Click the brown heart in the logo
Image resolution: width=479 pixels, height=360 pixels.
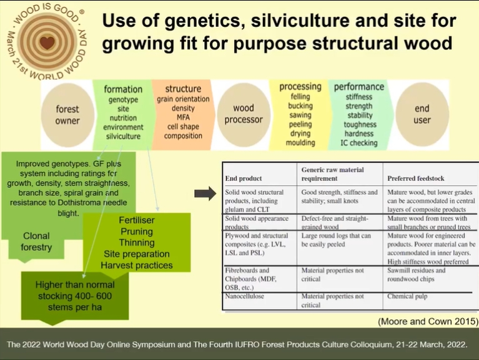pyautogui.click(x=47, y=42)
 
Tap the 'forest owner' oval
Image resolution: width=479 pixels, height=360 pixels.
pyautogui.click(x=67, y=115)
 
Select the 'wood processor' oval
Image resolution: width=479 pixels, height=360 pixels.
pyautogui.click(x=244, y=114)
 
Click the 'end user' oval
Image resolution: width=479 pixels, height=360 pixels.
pyautogui.click(x=422, y=114)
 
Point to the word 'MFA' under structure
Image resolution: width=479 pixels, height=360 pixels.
pyautogui.click(x=183, y=117)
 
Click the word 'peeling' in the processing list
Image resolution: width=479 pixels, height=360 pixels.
pyautogui.click(x=300, y=125)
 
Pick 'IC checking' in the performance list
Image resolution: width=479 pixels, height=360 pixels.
pyautogui.click(x=359, y=143)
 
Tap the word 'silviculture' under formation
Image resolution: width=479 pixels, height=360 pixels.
pyautogui.click(x=123, y=137)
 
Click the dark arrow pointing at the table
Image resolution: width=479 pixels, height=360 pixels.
pyautogui.click(x=205, y=193)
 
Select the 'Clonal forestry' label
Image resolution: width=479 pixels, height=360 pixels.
pyautogui.click(x=36, y=241)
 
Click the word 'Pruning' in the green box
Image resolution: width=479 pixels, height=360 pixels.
pyautogui.click(x=137, y=231)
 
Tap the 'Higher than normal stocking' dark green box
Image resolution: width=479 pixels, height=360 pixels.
pyautogui.click(x=75, y=296)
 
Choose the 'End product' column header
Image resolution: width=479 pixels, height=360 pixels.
pyautogui.click(x=244, y=178)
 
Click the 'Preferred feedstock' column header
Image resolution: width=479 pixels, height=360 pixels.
pyautogui.click(x=416, y=178)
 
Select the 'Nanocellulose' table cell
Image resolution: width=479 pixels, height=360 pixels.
pyautogui.click(x=245, y=296)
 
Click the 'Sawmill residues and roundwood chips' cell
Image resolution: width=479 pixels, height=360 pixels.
pyautogui.click(x=417, y=275)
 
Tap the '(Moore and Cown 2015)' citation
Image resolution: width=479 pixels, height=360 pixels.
pyautogui.click(x=428, y=321)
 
